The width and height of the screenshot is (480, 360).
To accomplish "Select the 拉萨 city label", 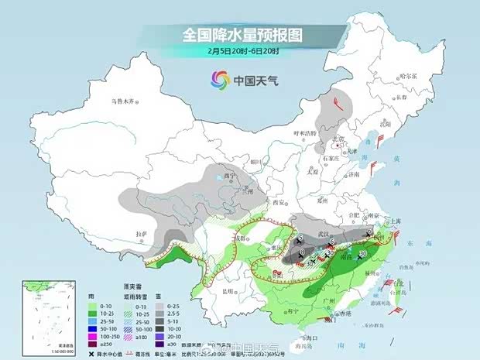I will coord(140,233).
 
